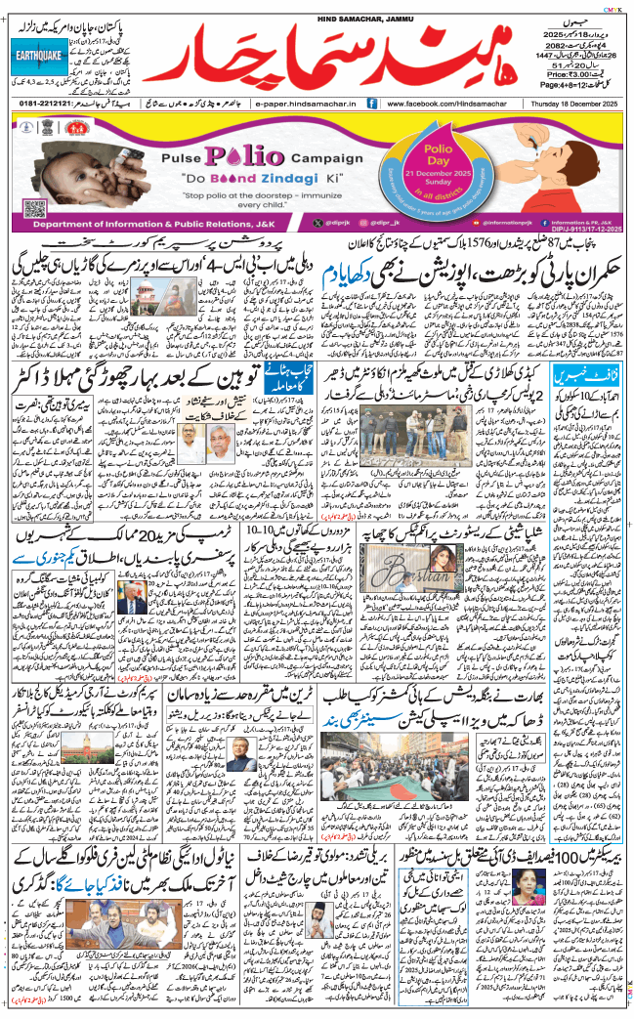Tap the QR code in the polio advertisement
coord(34,208)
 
